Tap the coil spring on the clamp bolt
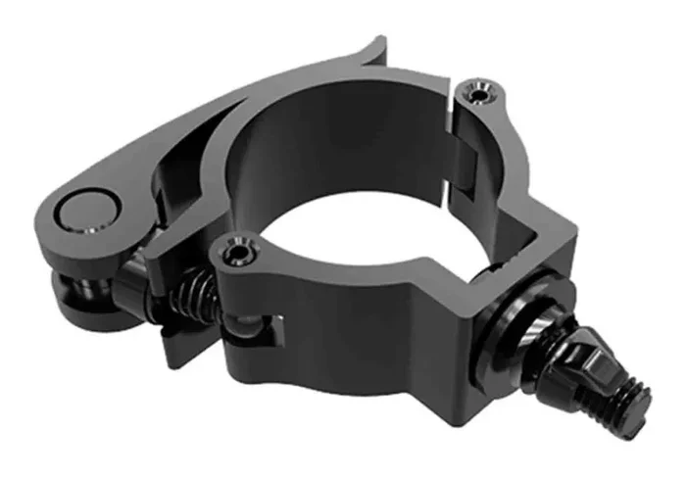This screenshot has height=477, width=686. (x=194, y=290)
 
